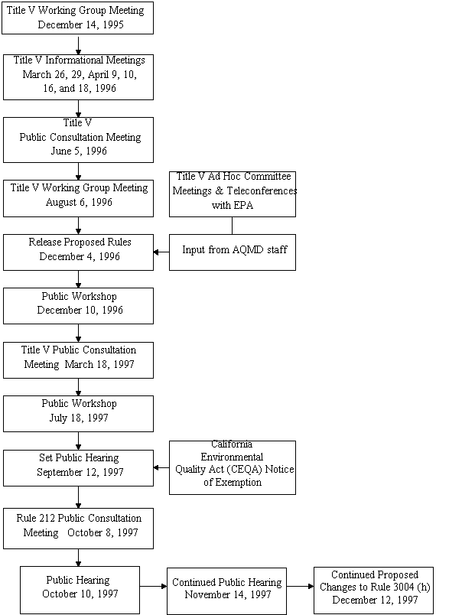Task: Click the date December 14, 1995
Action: point(80,24)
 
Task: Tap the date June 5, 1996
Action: point(80,151)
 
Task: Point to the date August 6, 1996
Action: point(78,203)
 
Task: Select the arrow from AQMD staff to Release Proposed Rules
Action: point(161,252)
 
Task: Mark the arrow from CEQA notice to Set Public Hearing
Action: point(161,467)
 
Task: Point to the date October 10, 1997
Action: point(80,594)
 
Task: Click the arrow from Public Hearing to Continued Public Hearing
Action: point(153,587)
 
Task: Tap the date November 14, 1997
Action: point(226,594)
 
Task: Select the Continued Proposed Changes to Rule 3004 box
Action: point(373,587)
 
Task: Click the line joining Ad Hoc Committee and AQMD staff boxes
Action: point(233,225)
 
